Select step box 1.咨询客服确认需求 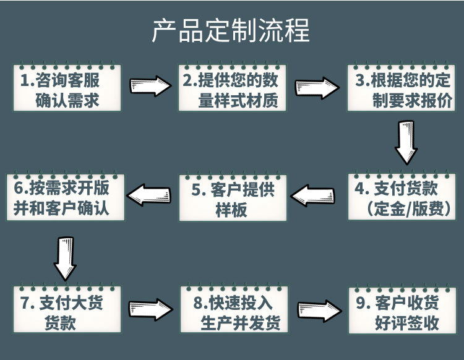tap(67, 89)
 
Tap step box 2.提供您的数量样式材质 tap(233, 89)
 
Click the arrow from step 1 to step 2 tap(150, 87)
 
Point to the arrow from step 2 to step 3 tap(317, 87)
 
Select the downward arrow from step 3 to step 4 tap(406, 144)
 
